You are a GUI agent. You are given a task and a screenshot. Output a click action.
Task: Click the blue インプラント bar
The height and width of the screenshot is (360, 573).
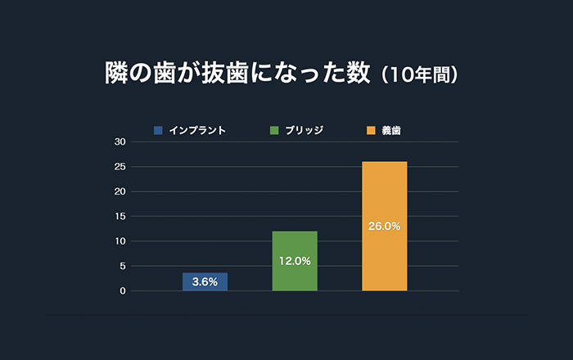[x=205, y=281]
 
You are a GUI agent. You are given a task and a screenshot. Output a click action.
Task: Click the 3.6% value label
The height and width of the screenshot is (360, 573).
[x=205, y=281]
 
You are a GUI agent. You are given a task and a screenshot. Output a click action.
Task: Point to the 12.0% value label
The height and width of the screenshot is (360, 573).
[x=295, y=261]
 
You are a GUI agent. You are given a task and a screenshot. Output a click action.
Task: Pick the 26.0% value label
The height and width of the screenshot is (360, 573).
[x=384, y=226]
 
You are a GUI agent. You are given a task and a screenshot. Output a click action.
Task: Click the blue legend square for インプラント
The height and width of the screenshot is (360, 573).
[x=158, y=130]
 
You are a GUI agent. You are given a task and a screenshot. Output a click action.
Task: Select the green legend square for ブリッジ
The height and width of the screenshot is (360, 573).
[x=274, y=130]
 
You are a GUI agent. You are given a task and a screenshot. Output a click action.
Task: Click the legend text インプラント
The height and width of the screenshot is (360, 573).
[x=197, y=130]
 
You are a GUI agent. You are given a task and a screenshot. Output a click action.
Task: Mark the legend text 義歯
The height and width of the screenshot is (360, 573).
[x=391, y=130]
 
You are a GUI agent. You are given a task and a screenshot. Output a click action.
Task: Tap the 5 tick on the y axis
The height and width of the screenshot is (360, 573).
[x=122, y=266]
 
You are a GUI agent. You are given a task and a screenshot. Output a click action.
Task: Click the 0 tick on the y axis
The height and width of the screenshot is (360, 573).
[x=122, y=291]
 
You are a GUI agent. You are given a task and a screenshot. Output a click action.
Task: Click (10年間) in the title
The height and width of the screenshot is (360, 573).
[x=424, y=74]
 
